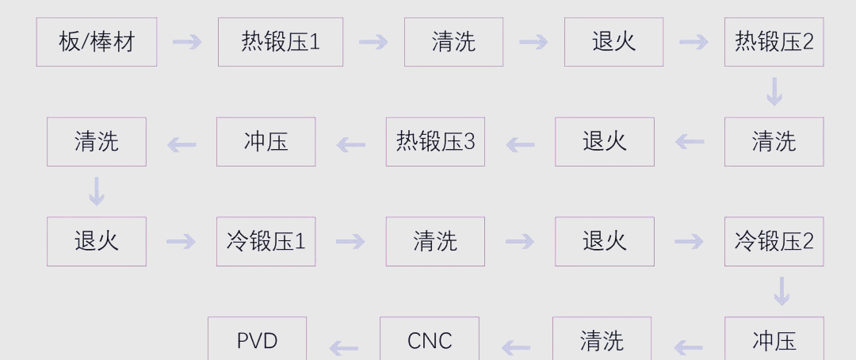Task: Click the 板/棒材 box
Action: tap(97, 42)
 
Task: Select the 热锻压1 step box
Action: tap(281, 42)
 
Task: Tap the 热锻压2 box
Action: tap(774, 42)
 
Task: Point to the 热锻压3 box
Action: tap(435, 142)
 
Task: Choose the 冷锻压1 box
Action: tap(266, 241)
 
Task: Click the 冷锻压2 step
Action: tap(774, 241)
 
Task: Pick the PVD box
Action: tap(257, 340)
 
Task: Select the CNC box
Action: tap(429, 340)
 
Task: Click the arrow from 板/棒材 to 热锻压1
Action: tap(187, 42)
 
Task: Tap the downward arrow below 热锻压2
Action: tap(774, 91)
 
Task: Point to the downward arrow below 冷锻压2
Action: tap(781, 291)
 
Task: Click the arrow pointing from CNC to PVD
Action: tap(343, 347)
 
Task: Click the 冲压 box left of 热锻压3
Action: tap(266, 142)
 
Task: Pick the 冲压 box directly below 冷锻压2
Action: tap(774, 340)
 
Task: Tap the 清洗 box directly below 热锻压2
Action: tap(774, 142)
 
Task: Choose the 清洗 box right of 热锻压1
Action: tap(453, 42)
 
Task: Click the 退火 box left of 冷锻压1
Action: tap(97, 241)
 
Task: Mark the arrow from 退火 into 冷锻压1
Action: tap(181, 241)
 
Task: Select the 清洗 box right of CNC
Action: tap(602, 340)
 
